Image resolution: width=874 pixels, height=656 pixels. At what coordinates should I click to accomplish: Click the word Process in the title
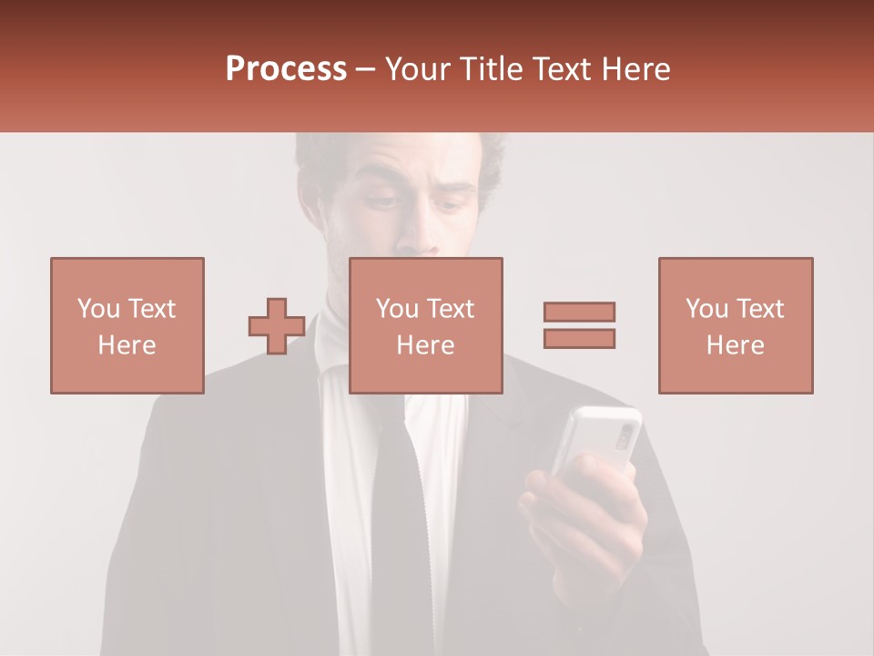tap(286, 69)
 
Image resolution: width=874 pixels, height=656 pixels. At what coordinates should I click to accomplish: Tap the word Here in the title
tap(636, 69)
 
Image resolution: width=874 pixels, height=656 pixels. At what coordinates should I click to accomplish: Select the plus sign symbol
tap(277, 326)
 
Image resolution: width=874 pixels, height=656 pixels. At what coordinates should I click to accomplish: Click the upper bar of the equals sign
tap(579, 312)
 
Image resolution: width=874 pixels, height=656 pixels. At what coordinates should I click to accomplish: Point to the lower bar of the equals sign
tap(579, 338)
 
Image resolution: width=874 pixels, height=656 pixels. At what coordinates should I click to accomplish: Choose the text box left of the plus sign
tap(127, 325)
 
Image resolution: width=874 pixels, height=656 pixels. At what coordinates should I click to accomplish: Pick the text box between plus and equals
tap(425, 325)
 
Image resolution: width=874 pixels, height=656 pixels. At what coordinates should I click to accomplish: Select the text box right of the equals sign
tap(735, 325)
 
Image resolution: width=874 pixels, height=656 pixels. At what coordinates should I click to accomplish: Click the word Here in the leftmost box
tap(127, 345)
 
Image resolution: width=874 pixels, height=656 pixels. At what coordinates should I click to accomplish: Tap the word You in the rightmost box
tap(706, 309)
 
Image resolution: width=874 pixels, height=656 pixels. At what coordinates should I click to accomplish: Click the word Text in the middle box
tap(452, 309)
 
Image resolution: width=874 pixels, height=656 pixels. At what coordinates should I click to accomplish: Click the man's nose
tap(421, 232)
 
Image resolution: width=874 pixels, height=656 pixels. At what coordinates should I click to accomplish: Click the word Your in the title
tap(420, 69)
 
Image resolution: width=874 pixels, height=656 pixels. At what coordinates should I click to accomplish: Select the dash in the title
tap(365, 69)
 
